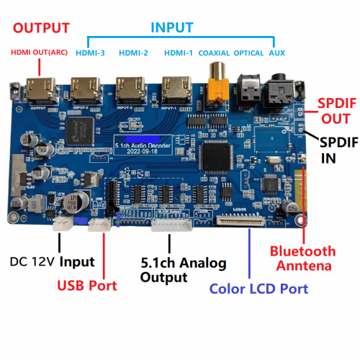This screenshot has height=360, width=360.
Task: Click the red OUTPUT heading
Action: [41, 28]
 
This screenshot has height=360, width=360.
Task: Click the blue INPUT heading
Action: [171, 27]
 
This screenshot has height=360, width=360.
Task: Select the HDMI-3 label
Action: [91, 53]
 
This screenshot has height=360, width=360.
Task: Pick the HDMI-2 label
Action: [133, 53]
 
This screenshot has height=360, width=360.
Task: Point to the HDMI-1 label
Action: [178, 53]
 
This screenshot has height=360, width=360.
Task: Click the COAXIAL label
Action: [214, 53]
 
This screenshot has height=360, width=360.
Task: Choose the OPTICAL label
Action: [249, 53]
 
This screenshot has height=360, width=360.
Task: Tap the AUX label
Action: [276, 53]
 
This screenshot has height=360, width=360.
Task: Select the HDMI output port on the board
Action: [41, 91]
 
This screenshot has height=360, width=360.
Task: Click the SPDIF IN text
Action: [337, 148]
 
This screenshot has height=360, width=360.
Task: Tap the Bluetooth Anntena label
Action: [302, 258]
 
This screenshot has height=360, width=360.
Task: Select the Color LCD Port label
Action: [258, 289]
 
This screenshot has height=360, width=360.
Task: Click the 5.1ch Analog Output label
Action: [183, 269]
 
